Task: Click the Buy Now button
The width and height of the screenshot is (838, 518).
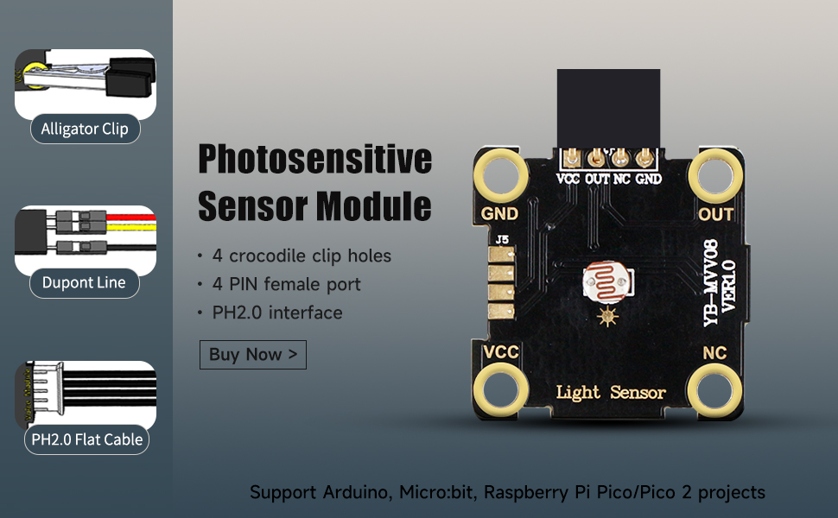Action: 253,355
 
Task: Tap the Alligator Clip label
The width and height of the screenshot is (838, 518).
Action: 85,129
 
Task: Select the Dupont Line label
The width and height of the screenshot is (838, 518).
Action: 84,282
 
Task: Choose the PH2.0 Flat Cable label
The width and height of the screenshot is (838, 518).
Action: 86,439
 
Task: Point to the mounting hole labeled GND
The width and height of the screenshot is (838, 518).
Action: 501,176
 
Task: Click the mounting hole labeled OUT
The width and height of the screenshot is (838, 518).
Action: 715,176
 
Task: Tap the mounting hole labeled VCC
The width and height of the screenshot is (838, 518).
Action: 501,389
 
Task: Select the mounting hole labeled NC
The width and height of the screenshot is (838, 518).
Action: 714,389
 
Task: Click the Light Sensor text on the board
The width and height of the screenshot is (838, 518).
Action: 610,393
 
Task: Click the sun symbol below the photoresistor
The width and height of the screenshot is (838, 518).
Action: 607,317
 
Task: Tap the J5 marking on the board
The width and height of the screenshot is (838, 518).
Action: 502,240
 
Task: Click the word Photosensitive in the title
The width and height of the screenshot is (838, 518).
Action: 314,159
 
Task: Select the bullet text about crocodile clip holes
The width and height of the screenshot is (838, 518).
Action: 302,256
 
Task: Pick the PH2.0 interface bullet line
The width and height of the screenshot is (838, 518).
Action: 276,313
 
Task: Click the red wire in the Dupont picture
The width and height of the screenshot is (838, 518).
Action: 131,218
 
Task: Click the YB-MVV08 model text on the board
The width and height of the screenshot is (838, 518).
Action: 710,282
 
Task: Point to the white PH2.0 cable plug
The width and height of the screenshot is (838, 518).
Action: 49,388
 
